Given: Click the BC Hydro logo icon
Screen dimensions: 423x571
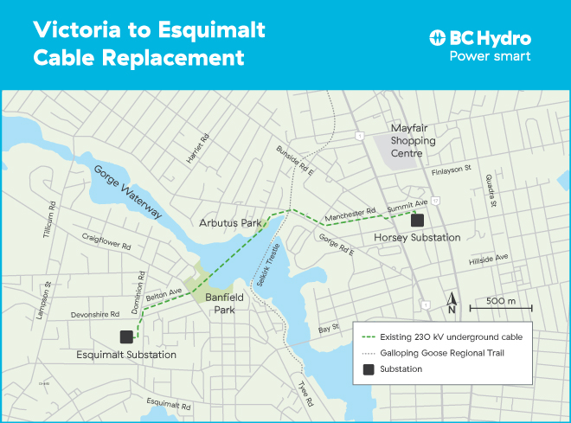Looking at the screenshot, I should [438, 38].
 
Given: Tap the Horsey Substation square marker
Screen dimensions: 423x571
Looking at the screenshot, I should [419, 220].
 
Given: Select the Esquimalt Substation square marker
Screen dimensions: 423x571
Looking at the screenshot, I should [126, 337].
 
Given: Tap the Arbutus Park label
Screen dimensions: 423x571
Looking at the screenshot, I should [230, 223].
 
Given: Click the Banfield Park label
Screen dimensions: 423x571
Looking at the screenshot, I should [225, 304].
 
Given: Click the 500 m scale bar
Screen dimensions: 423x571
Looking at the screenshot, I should [500, 307].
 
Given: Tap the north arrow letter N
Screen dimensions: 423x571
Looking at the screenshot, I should [452, 308].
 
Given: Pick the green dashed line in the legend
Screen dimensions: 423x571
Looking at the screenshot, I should [369, 336].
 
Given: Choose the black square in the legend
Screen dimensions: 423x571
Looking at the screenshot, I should [368, 369].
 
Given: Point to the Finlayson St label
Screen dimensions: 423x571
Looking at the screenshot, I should [450, 169].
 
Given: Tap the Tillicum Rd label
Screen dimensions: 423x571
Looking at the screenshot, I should [48, 220].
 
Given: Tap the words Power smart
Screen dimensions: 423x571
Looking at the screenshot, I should [490, 56].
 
